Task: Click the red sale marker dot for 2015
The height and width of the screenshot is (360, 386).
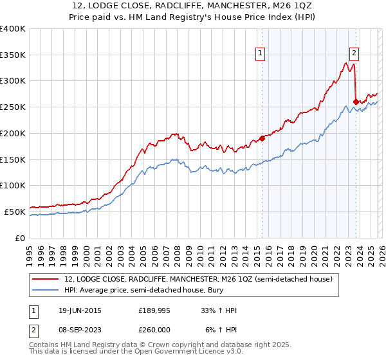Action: click(262, 138)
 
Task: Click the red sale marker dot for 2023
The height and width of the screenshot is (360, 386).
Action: click(356, 101)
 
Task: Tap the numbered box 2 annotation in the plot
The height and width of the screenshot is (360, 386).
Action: click(354, 54)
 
